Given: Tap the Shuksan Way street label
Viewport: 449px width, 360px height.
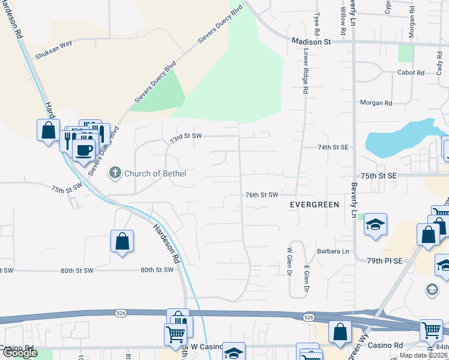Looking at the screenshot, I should [x=53, y=53].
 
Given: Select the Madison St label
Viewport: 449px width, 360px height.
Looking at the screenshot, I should [x=312, y=42].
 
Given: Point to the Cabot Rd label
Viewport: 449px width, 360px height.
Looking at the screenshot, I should [x=411, y=73].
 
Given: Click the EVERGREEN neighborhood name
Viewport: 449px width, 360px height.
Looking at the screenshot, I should [x=315, y=205].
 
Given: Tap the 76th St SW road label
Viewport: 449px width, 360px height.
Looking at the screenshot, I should [x=262, y=195].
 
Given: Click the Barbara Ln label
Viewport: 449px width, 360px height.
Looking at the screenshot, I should [x=333, y=251].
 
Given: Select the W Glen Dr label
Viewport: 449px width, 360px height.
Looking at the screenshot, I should [x=289, y=262].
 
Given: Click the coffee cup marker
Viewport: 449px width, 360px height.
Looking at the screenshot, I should [x=84, y=149].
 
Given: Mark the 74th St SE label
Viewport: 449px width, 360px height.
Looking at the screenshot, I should [x=333, y=147].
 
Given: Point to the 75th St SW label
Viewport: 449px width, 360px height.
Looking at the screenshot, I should [x=65, y=188].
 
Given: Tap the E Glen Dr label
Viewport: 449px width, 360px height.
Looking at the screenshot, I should [x=306, y=278].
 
